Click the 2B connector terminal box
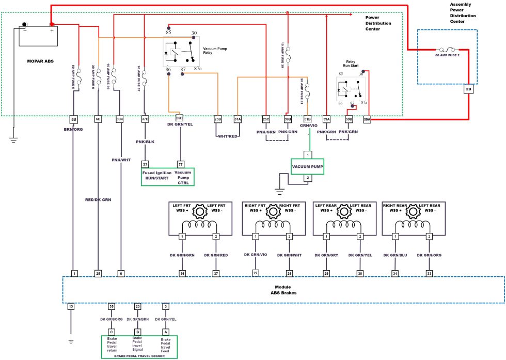(x=469, y=89)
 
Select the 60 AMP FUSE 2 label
(x=447, y=54)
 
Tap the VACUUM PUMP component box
(x=307, y=166)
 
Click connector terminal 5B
(x=74, y=119)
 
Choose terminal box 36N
(x=120, y=119)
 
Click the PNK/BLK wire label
(x=145, y=141)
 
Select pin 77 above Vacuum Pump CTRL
(x=180, y=164)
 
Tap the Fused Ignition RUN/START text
(x=156, y=176)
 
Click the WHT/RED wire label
(x=227, y=136)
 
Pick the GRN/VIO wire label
(x=308, y=125)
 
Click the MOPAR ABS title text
(x=40, y=61)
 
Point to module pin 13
(x=71, y=307)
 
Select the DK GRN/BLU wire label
(x=396, y=255)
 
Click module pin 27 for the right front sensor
(x=255, y=273)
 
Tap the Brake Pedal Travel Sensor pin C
(x=110, y=332)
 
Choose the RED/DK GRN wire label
(x=98, y=199)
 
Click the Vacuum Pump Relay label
(x=215, y=51)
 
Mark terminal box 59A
(x=367, y=119)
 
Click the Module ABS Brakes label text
(x=283, y=290)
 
